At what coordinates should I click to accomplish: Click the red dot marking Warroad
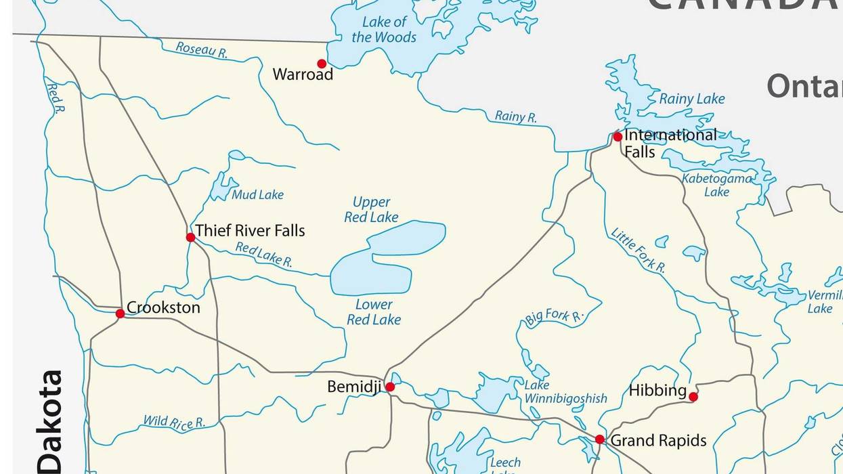[x=322, y=64]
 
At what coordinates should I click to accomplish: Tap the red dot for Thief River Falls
[x=190, y=237]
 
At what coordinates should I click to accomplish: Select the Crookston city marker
[x=120, y=314]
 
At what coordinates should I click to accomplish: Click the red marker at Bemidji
[x=390, y=387]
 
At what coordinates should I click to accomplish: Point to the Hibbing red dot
[x=693, y=397]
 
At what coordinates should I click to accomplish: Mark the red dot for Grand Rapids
[x=599, y=439]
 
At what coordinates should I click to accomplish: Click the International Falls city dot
[x=618, y=137]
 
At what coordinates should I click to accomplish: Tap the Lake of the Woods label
[x=384, y=30]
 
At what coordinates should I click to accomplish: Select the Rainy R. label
[x=515, y=116]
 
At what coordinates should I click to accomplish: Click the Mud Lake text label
[x=257, y=195]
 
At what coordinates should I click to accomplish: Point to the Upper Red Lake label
[x=371, y=209]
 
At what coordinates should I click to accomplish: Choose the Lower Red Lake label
[x=374, y=312]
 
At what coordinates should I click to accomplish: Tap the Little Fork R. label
[x=638, y=251]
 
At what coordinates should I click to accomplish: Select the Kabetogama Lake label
[x=716, y=185]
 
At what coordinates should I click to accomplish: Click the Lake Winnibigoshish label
[x=565, y=392]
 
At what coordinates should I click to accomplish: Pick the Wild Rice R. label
[x=173, y=423]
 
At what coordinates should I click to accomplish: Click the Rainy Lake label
[x=691, y=99]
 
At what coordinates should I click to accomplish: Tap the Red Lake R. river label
[x=263, y=255]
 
